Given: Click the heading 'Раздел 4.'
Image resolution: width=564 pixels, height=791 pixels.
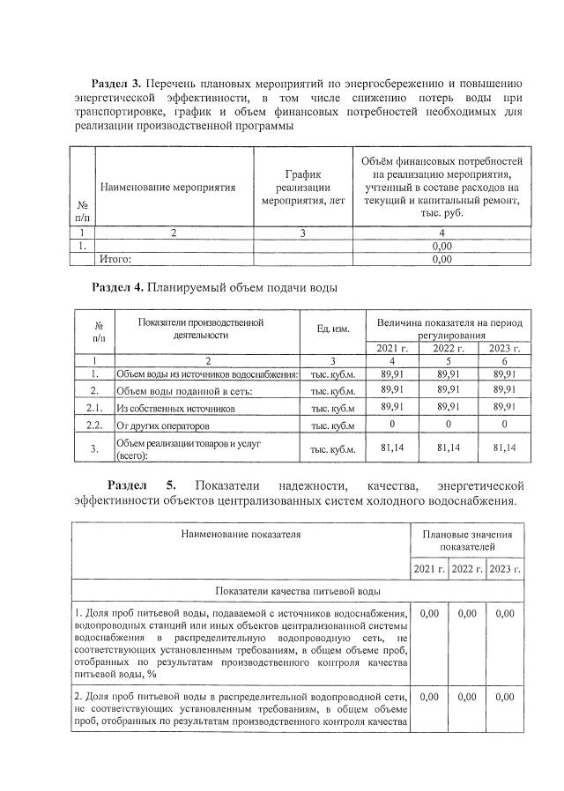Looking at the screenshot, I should click(x=119, y=287).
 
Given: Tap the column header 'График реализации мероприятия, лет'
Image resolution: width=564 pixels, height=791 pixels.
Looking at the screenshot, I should click(x=302, y=188).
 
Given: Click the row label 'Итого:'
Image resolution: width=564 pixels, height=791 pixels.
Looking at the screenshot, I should click(x=115, y=259).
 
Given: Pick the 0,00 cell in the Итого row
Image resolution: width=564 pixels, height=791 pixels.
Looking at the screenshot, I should click(x=442, y=259).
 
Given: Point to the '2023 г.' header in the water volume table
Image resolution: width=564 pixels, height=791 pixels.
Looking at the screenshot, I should click(x=505, y=348).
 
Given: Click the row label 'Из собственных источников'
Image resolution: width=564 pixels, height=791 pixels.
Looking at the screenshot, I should click(x=164, y=409).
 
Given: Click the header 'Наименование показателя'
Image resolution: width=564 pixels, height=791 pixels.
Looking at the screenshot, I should click(x=241, y=534).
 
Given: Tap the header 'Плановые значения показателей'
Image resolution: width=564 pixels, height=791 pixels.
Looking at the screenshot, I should click(x=467, y=540).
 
